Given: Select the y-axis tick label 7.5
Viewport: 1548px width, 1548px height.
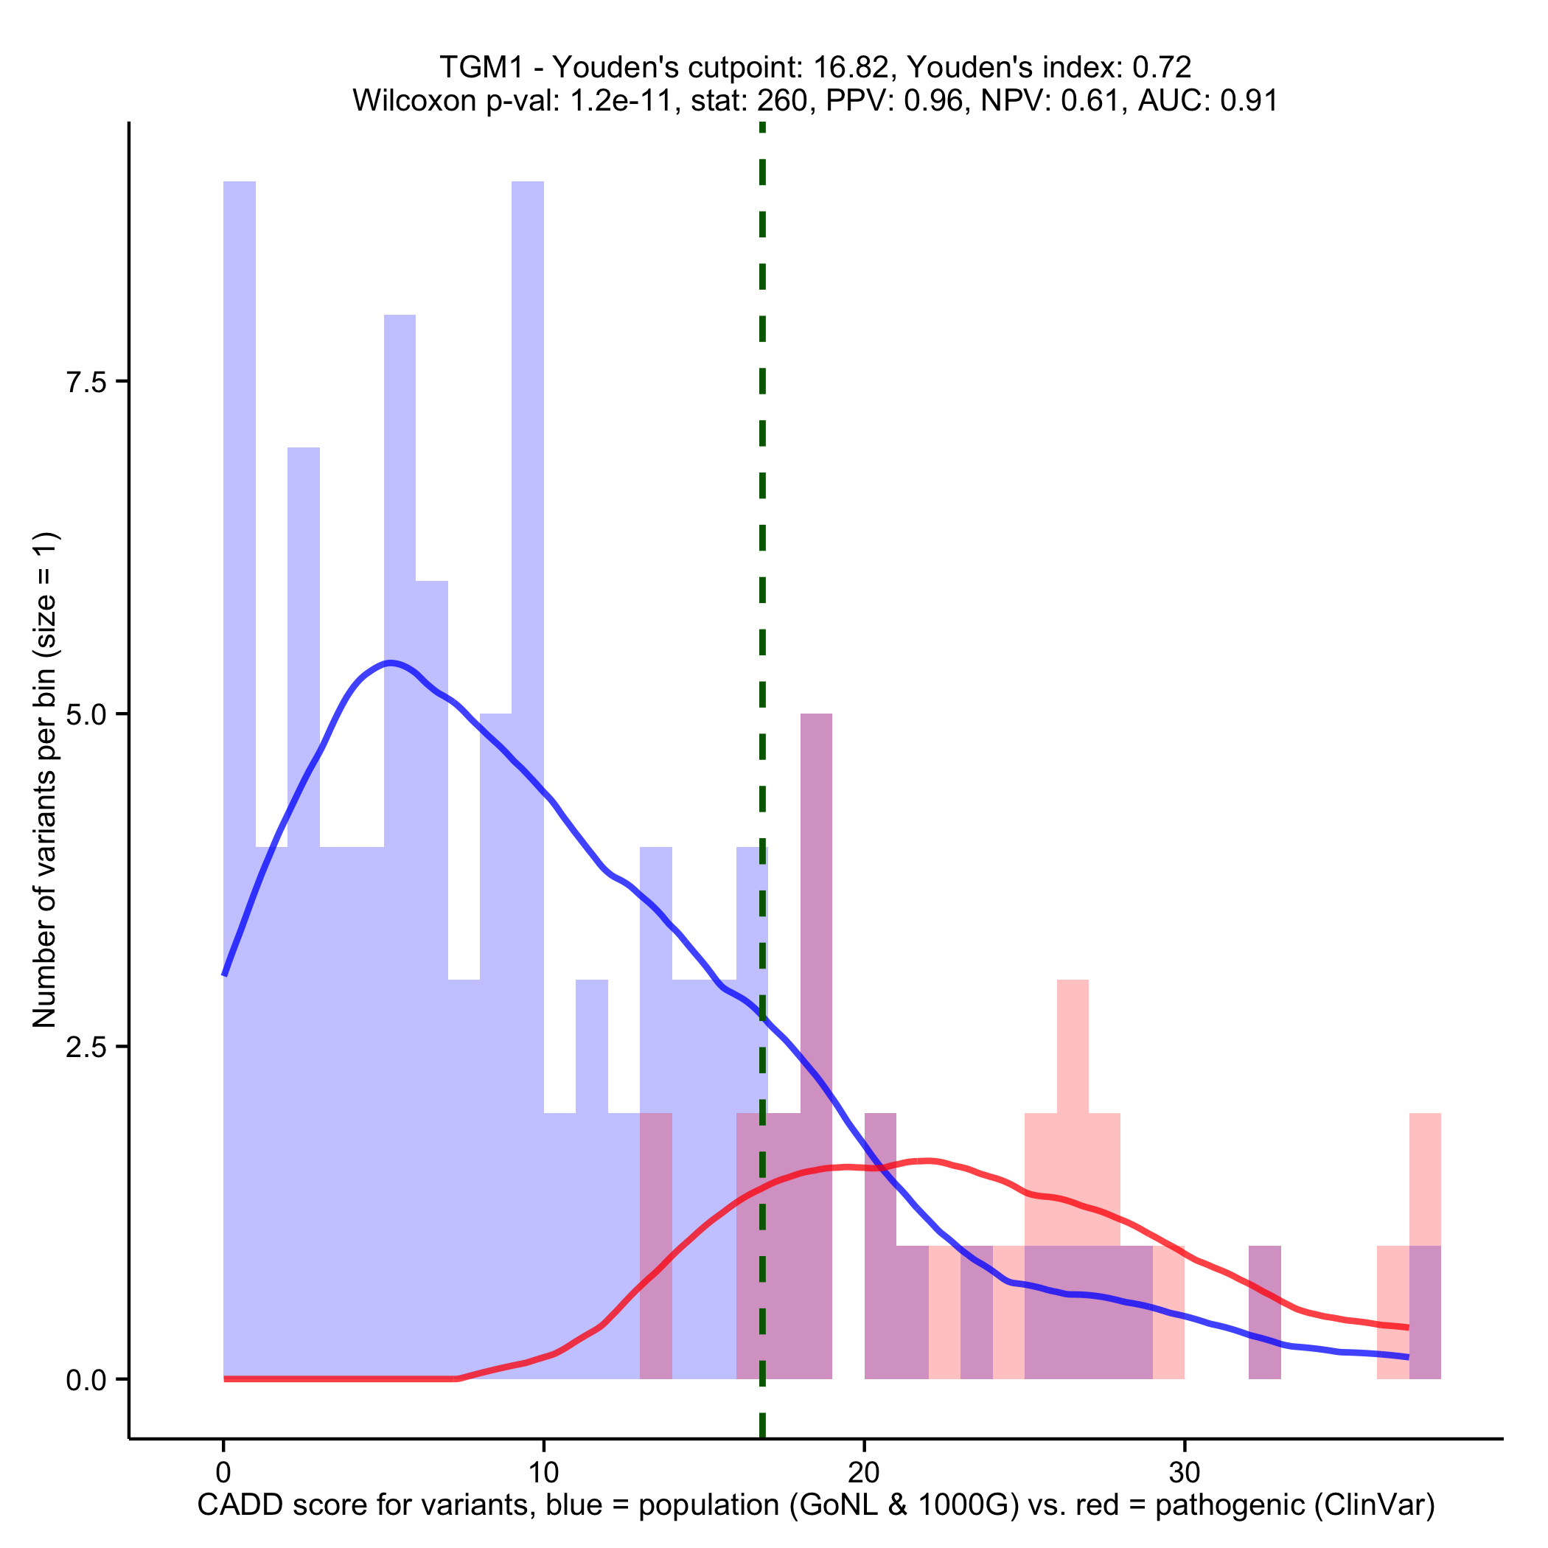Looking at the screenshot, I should [x=86, y=381].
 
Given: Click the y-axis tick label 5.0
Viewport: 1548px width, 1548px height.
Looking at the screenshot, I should [x=86, y=714].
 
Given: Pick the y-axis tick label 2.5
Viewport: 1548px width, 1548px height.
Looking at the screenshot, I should [x=86, y=1047].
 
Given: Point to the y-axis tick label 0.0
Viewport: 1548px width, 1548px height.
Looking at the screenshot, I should [x=86, y=1379].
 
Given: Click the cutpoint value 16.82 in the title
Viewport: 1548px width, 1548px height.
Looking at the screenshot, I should [x=854, y=67].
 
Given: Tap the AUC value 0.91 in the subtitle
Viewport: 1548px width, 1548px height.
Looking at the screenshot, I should [x=1248, y=100].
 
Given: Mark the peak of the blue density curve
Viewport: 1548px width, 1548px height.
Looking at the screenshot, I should [x=389, y=663].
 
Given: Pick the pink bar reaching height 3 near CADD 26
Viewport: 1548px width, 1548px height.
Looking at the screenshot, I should [x=1072, y=1042].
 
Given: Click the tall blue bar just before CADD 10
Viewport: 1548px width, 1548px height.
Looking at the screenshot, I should [x=527, y=561].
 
